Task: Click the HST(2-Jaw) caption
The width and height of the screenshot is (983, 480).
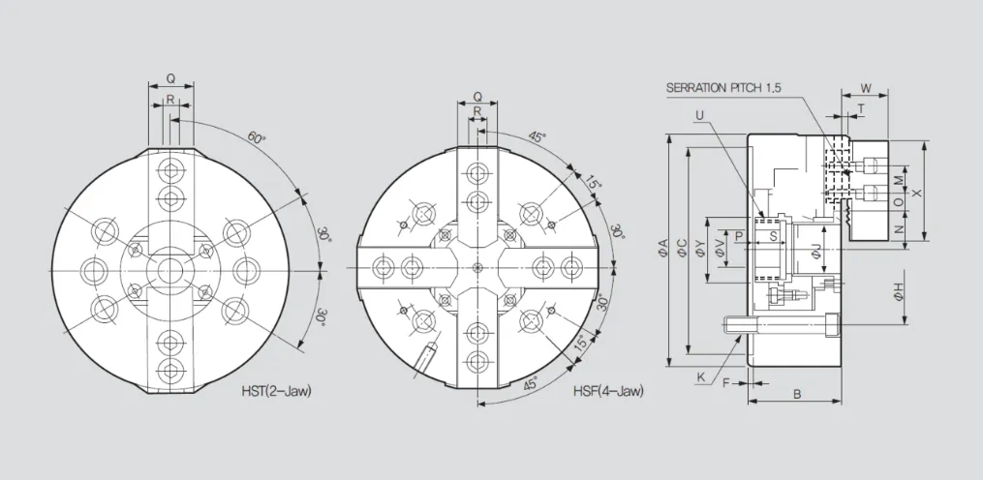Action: click(x=276, y=391)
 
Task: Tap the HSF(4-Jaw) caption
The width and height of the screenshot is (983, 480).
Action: click(x=608, y=391)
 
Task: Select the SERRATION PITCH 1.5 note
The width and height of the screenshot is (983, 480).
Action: click(x=723, y=88)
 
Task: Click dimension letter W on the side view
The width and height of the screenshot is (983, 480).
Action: click(x=865, y=87)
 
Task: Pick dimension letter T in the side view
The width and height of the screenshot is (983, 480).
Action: click(x=861, y=108)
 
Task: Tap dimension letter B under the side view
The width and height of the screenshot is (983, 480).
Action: click(x=797, y=394)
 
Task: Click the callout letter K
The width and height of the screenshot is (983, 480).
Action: click(x=701, y=376)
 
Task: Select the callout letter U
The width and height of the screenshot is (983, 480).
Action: click(x=699, y=115)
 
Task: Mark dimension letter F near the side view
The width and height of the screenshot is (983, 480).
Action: click(x=726, y=382)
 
